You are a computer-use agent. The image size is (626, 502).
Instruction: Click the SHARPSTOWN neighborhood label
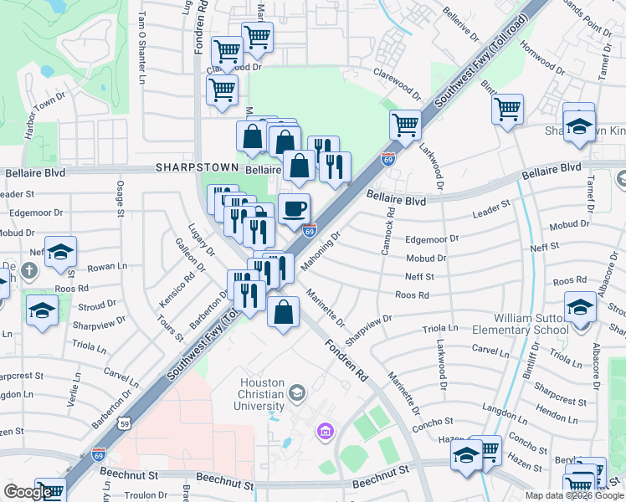pyautogui.click(x=197, y=167)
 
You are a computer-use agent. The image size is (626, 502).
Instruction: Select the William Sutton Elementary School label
pyautogui.click(x=542, y=324)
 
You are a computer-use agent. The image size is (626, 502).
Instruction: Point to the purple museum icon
pyautogui.click(x=325, y=432)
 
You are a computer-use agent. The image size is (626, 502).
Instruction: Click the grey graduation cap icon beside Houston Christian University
pyautogui.click(x=296, y=392)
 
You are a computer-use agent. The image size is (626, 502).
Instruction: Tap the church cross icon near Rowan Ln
pyautogui.click(x=29, y=270)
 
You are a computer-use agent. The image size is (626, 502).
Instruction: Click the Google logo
pyautogui.click(x=28, y=492)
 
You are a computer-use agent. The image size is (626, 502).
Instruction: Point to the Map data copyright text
pyautogui.click(x=573, y=495)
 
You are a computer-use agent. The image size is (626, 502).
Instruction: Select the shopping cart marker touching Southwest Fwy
pyautogui.click(x=405, y=125)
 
